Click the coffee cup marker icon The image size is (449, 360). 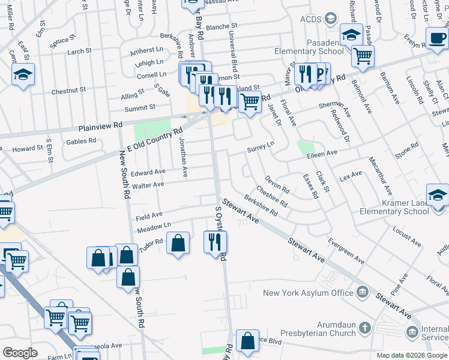coord(436,37)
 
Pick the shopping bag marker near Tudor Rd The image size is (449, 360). coord(178,243)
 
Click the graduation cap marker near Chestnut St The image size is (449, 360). coord(23,74)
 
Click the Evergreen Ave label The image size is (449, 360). coord(346,251)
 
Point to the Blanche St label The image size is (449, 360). coord(222,27)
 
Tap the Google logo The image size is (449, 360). coord(20,353)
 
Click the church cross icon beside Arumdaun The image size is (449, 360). coord(364,329)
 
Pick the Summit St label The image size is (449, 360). coord(140,107)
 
